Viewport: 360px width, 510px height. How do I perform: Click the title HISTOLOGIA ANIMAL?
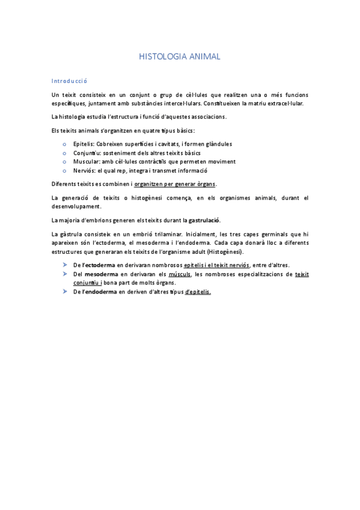click(x=180, y=57)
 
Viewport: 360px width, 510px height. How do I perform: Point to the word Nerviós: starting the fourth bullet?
click(x=84, y=170)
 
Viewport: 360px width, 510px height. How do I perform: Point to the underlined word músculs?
click(x=180, y=274)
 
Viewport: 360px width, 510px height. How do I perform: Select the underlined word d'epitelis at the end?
click(x=198, y=292)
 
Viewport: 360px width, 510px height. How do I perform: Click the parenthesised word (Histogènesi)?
click(x=223, y=251)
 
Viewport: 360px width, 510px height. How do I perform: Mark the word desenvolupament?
click(x=77, y=206)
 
